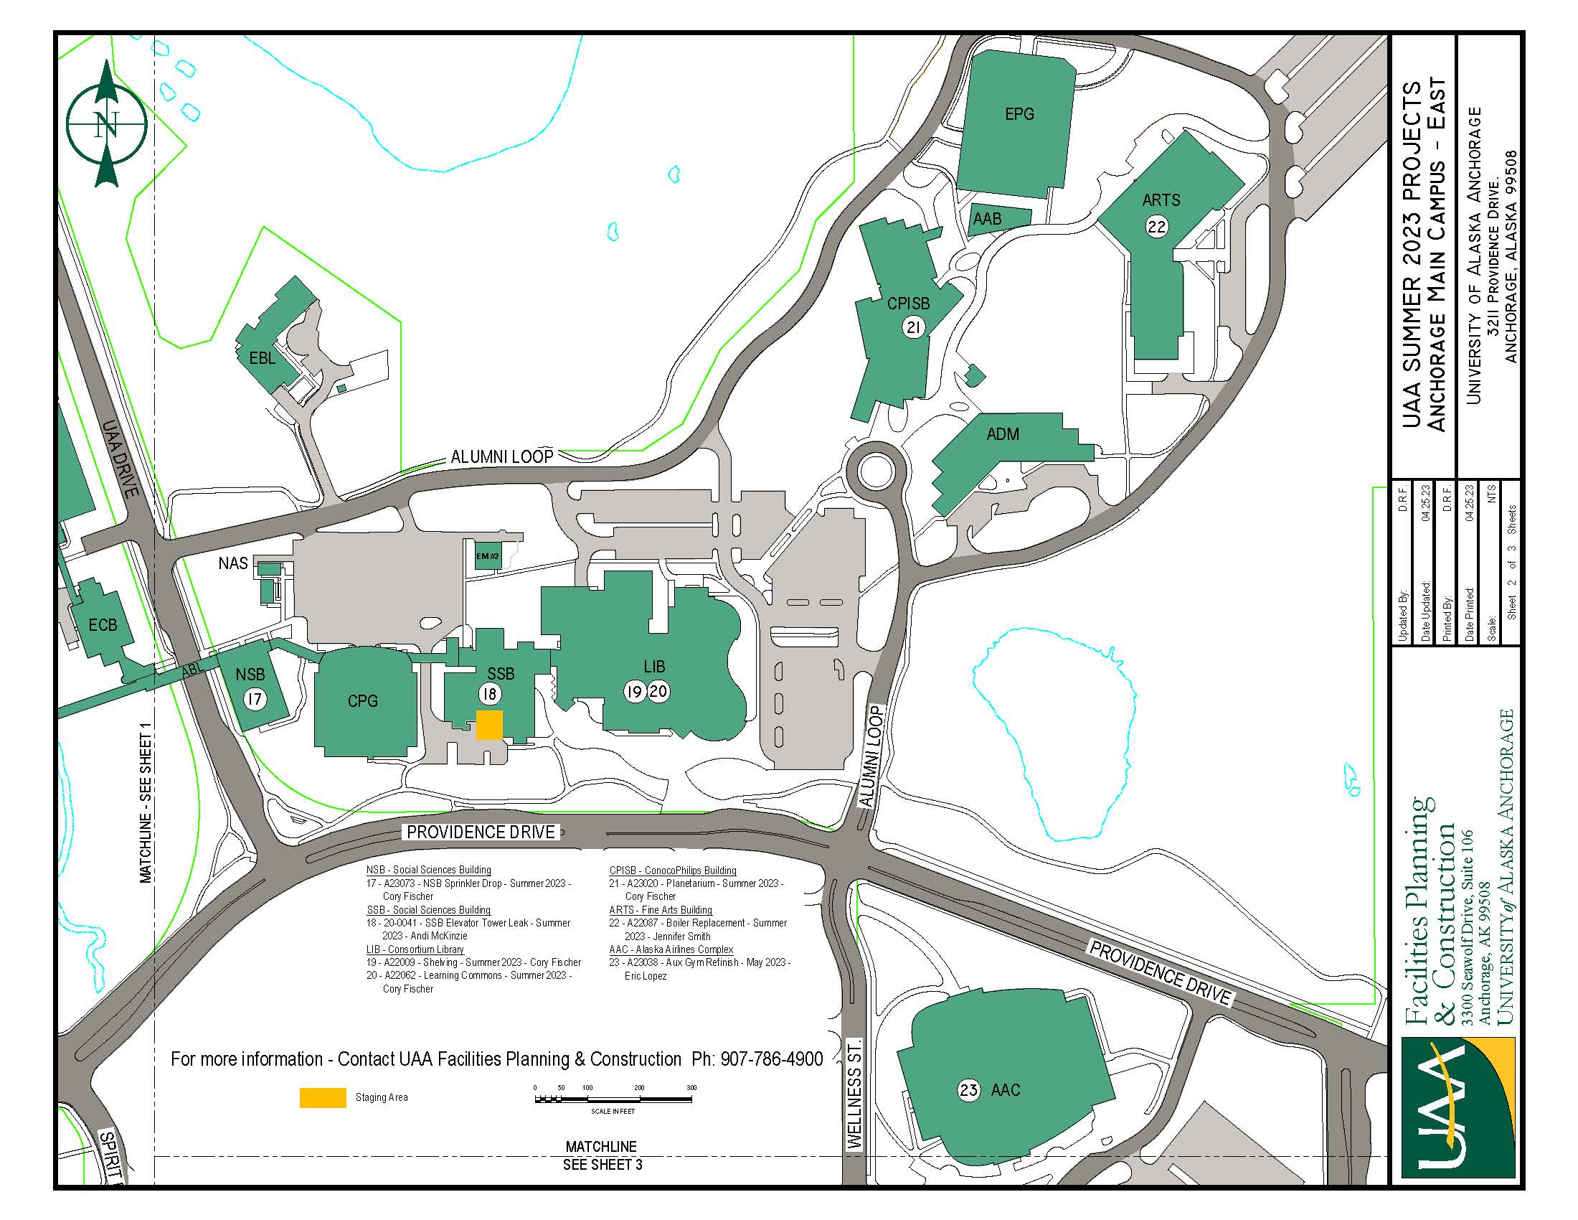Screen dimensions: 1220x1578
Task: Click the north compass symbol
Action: (x=107, y=123)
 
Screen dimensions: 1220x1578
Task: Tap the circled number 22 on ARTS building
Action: (x=1156, y=227)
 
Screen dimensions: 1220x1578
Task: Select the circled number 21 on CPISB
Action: (x=913, y=328)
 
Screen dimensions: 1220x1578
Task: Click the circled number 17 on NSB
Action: (x=254, y=699)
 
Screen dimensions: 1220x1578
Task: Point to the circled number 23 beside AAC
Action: (x=968, y=1090)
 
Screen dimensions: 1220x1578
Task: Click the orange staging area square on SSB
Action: (x=489, y=725)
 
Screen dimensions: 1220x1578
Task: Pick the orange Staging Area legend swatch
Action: (x=323, y=1097)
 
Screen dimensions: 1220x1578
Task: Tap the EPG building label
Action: (x=1019, y=114)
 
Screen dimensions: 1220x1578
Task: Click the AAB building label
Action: (x=987, y=218)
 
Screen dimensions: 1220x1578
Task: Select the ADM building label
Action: (x=1003, y=434)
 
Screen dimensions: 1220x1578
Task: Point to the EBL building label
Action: (x=262, y=358)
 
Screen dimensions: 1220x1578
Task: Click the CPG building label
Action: (x=362, y=701)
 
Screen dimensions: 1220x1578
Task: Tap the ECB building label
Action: (x=103, y=624)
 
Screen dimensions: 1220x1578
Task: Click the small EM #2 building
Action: (x=488, y=555)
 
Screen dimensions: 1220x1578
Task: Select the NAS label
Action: (x=232, y=563)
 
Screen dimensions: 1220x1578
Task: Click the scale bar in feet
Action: (x=613, y=1099)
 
